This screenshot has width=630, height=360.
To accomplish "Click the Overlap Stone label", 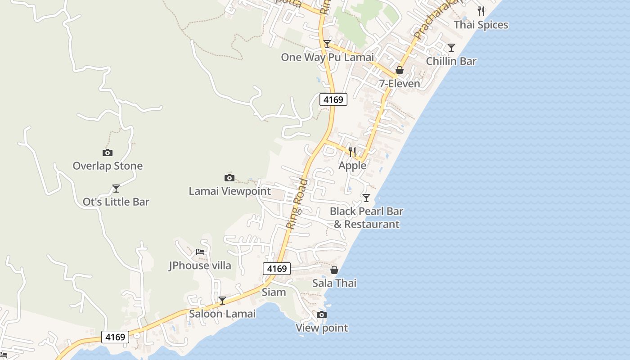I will click(108, 166).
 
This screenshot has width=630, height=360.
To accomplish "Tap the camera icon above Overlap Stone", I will click(108, 153).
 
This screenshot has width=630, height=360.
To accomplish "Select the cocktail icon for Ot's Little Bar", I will click(116, 189).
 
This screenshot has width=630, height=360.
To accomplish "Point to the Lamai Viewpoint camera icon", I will click(229, 178).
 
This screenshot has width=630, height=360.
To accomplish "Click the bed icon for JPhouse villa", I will click(200, 252).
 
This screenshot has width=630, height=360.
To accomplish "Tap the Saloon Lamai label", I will click(222, 314).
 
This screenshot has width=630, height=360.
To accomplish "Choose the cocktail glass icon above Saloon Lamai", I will click(222, 300).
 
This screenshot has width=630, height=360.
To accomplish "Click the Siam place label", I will click(274, 292).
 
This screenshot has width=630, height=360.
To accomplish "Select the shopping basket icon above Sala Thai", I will click(334, 270).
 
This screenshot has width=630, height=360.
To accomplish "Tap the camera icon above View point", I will click(322, 315).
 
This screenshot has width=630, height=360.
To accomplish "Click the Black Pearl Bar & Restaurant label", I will click(366, 217).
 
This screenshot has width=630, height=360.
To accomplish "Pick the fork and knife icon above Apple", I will click(352, 152).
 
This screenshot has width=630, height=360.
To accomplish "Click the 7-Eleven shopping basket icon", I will click(399, 70).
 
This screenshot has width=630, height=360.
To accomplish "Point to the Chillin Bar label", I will click(451, 61).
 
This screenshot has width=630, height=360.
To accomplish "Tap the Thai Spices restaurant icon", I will click(481, 11).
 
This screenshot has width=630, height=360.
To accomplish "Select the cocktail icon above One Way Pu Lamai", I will click(327, 44).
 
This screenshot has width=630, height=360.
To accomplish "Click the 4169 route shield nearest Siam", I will click(277, 269).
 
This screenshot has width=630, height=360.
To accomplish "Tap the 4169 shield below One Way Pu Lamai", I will click(333, 99).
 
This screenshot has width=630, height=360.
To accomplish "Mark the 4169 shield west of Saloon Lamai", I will click(115, 337).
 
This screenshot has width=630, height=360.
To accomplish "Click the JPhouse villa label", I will click(200, 265).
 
